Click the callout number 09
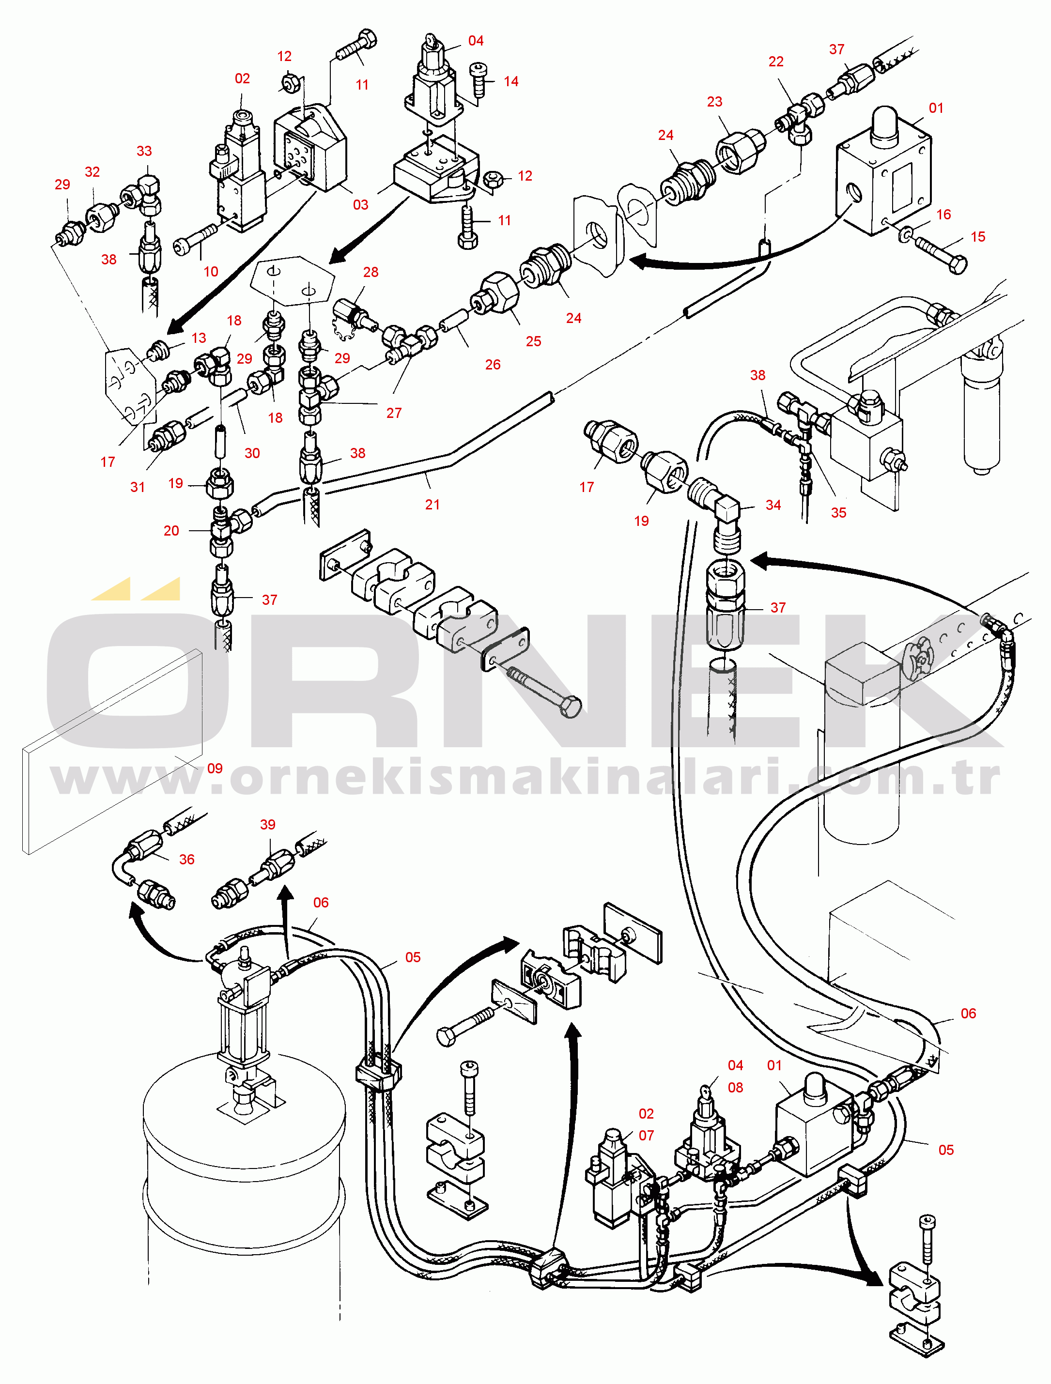point(215,769)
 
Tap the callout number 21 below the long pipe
point(433,504)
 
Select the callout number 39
point(268,825)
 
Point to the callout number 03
point(360,204)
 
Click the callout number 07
point(646,1135)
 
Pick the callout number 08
point(736,1088)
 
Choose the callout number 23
point(714,101)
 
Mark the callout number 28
point(371,272)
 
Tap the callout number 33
point(144,151)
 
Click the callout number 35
point(838,512)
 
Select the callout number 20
point(171,531)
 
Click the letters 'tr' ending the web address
point(980,778)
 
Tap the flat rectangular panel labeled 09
point(112,751)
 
